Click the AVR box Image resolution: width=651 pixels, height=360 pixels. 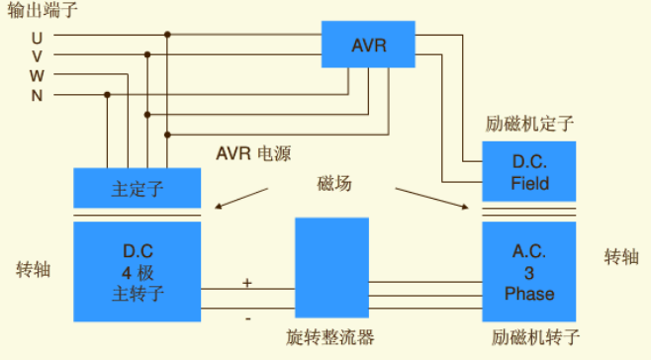pyautogui.click(x=368, y=45)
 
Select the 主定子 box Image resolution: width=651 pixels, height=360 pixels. pyautogui.click(x=137, y=188)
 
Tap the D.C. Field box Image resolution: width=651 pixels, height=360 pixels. pyautogui.click(x=529, y=172)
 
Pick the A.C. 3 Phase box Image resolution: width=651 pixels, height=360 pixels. pyautogui.click(x=529, y=271)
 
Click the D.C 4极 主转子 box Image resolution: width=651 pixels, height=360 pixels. pyautogui.click(x=137, y=271)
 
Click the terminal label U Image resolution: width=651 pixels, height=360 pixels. pyautogui.click(x=37, y=37)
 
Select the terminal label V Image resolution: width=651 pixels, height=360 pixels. pyautogui.click(x=37, y=55)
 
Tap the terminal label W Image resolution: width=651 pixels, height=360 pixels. pyautogui.click(x=37, y=75)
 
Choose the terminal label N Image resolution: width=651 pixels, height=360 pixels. pyautogui.click(x=37, y=95)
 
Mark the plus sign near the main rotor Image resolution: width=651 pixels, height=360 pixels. pyautogui.click(x=246, y=283)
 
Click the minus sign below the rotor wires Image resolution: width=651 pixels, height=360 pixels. pyautogui.click(x=246, y=318)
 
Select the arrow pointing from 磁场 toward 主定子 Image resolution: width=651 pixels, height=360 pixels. pyautogui.click(x=243, y=200)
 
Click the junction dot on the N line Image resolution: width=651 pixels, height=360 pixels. pyautogui.click(x=107, y=95)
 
